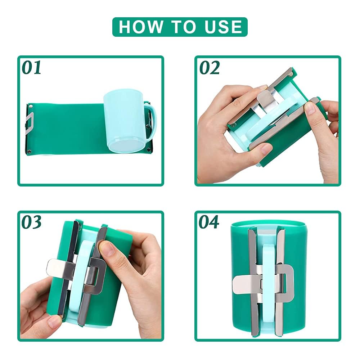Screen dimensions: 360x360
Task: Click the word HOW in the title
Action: (140, 27)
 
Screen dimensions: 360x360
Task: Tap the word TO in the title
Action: (183, 27)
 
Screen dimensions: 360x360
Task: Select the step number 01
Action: (32, 68)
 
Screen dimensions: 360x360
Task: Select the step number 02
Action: (210, 68)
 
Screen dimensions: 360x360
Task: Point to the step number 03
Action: (32, 222)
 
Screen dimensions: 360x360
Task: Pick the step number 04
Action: (209, 222)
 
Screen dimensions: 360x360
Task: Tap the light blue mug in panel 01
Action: (126, 122)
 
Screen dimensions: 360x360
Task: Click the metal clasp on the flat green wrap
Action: (30, 123)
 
